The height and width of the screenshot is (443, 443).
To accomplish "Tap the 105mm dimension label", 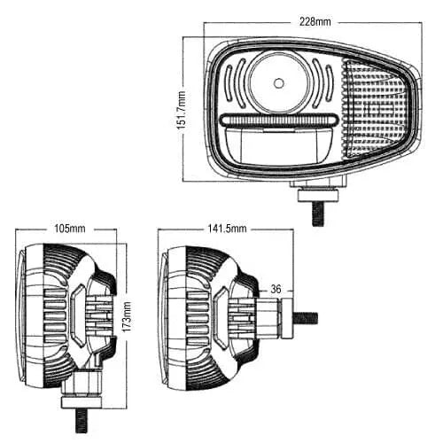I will click(x=69, y=229).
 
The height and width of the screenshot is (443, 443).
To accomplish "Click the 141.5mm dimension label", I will click(x=227, y=229).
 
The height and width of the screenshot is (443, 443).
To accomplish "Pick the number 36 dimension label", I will click(x=276, y=289).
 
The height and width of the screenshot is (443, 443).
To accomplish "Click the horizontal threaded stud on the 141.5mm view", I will click(x=307, y=316).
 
